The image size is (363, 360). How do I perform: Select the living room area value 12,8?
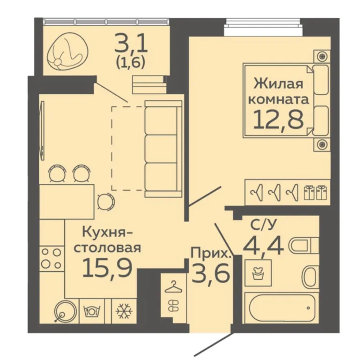click(279, 119)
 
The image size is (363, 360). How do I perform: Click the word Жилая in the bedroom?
click(278, 83)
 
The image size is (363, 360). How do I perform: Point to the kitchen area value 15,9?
click(107, 268)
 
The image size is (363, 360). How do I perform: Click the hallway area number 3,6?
click(211, 273)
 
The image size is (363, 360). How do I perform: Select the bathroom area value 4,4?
click(263, 246)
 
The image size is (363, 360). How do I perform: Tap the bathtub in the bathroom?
click(282, 307)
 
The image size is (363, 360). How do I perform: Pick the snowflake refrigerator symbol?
click(124, 311)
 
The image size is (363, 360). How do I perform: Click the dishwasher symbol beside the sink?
click(93, 311)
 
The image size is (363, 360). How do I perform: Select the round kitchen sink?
click(65, 311)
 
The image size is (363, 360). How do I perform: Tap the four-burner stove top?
click(52, 258)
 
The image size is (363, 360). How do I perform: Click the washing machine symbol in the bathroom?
click(258, 273)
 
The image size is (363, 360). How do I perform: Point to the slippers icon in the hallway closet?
click(172, 305)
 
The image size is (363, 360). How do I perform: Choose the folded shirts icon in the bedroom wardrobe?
click(316, 192)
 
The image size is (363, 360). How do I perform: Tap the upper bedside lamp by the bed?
click(322, 56)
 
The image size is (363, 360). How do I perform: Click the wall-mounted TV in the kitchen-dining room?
click(42, 130)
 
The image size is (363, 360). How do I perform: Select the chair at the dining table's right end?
click(106, 201)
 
